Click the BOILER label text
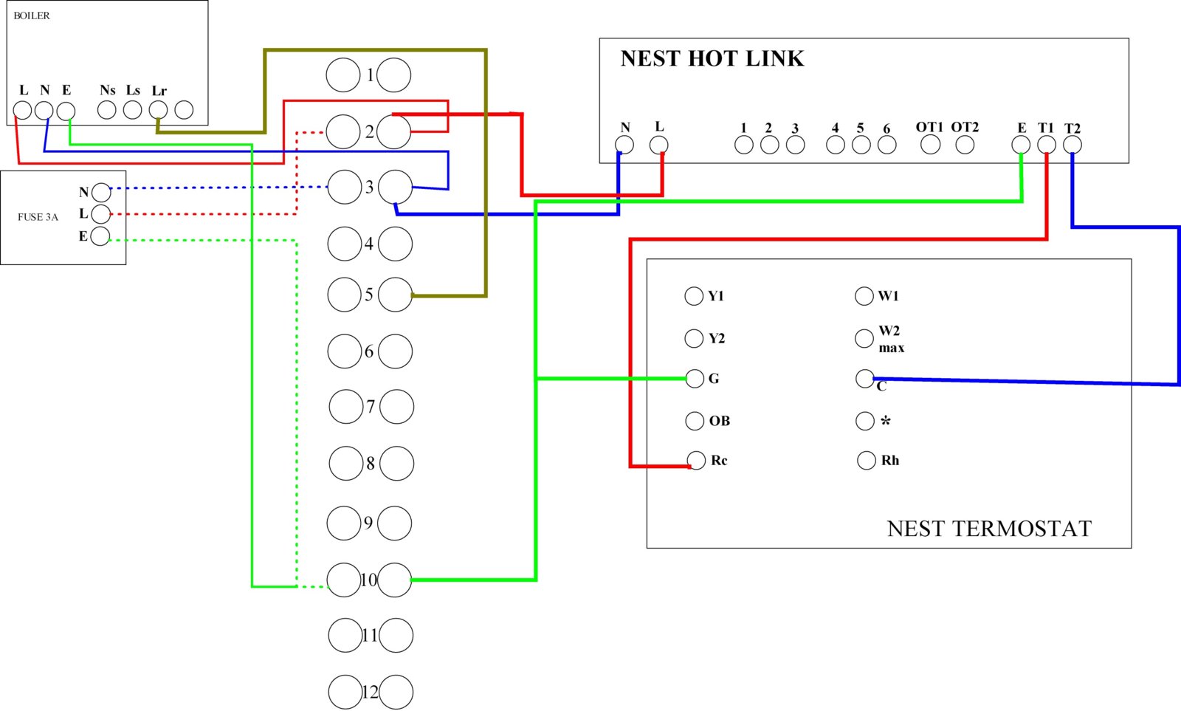pyautogui.click(x=32, y=16)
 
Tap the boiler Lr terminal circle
pyautogui.click(x=158, y=110)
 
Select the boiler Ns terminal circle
pyautogui.click(x=106, y=110)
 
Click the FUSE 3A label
pyautogui.click(x=38, y=217)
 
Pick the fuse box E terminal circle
pyautogui.click(x=100, y=236)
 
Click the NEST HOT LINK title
pyautogui.click(x=712, y=58)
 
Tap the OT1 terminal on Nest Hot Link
pyautogui.click(x=931, y=144)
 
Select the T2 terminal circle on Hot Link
pyautogui.click(x=1072, y=144)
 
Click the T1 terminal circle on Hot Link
pyautogui.click(x=1047, y=144)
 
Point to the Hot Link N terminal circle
pyautogui.click(x=624, y=144)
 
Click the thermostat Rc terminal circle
pyautogui.click(x=696, y=460)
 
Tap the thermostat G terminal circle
pyautogui.click(x=695, y=378)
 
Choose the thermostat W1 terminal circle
pyautogui.click(x=864, y=296)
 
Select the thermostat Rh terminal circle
pyautogui.click(x=867, y=460)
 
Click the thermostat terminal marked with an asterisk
pyautogui.click(x=864, y=420)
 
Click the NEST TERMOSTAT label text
pyautogui.click(x=989, y=529)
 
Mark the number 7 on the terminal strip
pyautogui.click(x=371, y=407)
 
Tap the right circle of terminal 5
pyautogui.click(x=396, y=295)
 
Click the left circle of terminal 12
pyautogui.click(x=345, y=692)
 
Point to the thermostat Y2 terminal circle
pyautogui.click(x=694, y=338)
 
